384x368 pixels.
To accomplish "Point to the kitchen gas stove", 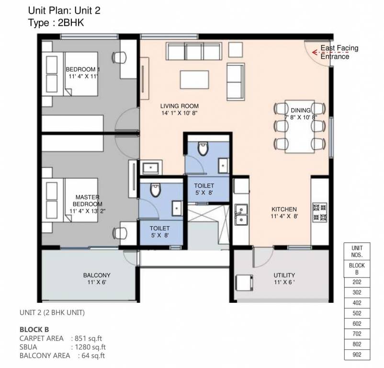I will (319, 212).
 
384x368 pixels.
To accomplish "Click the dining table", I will (300, 126).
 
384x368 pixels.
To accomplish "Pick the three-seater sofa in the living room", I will (194, 51).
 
